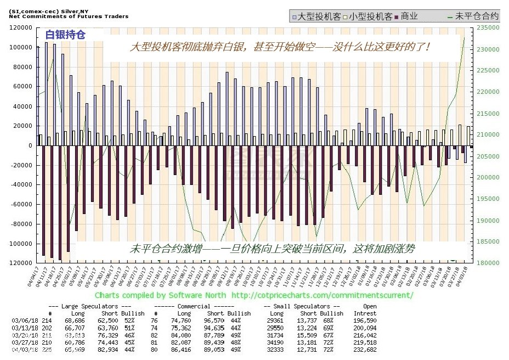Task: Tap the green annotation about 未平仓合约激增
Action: [x=272, y=249]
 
